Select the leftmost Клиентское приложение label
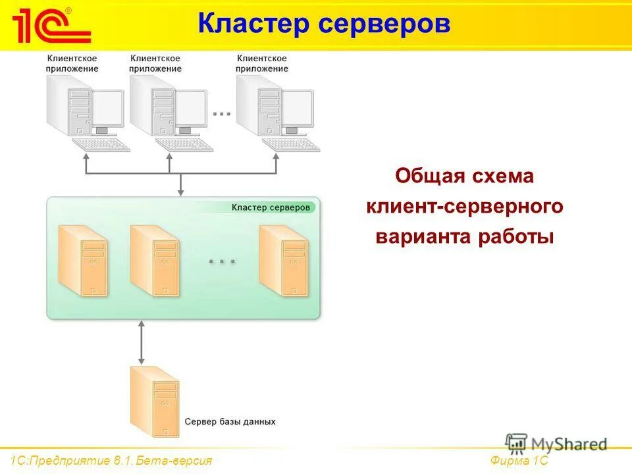(72, 63)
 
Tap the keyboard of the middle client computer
(184, 144)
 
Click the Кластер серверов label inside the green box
(269, 207)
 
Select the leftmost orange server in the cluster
(83, 260)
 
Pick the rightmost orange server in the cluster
(283, 260)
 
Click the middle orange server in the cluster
(155, 260)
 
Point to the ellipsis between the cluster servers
(222, 262)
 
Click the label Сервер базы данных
(230, 421)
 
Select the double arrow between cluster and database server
(140, 342)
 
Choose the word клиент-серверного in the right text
(464, 207)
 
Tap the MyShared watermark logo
(556, 444)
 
